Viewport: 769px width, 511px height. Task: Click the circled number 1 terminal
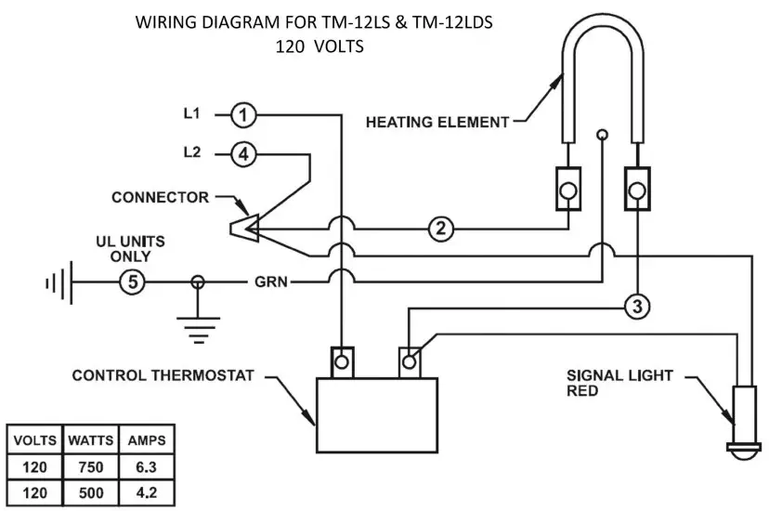242,115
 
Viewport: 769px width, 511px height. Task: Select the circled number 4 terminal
242,154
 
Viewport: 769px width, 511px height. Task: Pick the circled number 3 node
634,307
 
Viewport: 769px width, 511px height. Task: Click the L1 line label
191,114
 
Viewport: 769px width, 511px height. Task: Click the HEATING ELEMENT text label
437,121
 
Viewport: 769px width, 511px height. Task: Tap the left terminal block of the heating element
567,190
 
